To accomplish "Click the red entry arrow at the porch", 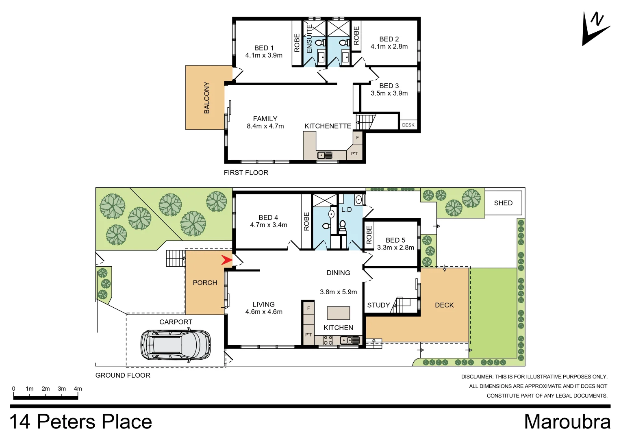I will pyautogui.click(x=226, y=260).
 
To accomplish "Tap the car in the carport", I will pyautogui.click(x=176, y=345).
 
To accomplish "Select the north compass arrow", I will pyautogui.click(x=594, y=30).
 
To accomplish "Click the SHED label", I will pyautogui.click(x=503, y=203).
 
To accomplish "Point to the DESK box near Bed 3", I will pyautogui.click(x=408, y=125).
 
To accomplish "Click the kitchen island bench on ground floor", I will pyautogui.click(x=338, y=313).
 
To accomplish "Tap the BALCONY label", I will pyautogui.click(x=206, y=98).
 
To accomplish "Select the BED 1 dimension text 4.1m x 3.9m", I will pyautogui.click(x=264, y=55).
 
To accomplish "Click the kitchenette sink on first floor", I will pyautogui.click(x=325, y=155).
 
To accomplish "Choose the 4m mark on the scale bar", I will pyautogui.click(x=78, y=389).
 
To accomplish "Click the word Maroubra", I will pyautogui.click(x=567, y=422).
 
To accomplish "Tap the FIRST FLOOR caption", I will pyautogui.click(x=246, y=172).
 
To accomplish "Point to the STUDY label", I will pyautogui.click(x=378, y=305).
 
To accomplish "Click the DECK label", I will pyautogui.click(x=444, y=305).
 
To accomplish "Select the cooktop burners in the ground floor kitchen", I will pyautogui.click(x=328, y=340).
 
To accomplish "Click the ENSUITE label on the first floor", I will pyautogui.click(x=309, y=39).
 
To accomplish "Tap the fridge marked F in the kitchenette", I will pyautogui.click(x=357, y=137).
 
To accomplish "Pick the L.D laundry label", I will pyautogui.click(x=346, y=210).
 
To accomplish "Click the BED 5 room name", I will pyautogui.click(x=395, y=240).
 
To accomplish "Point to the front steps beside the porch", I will pyautogui.click(x=176, y=258).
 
